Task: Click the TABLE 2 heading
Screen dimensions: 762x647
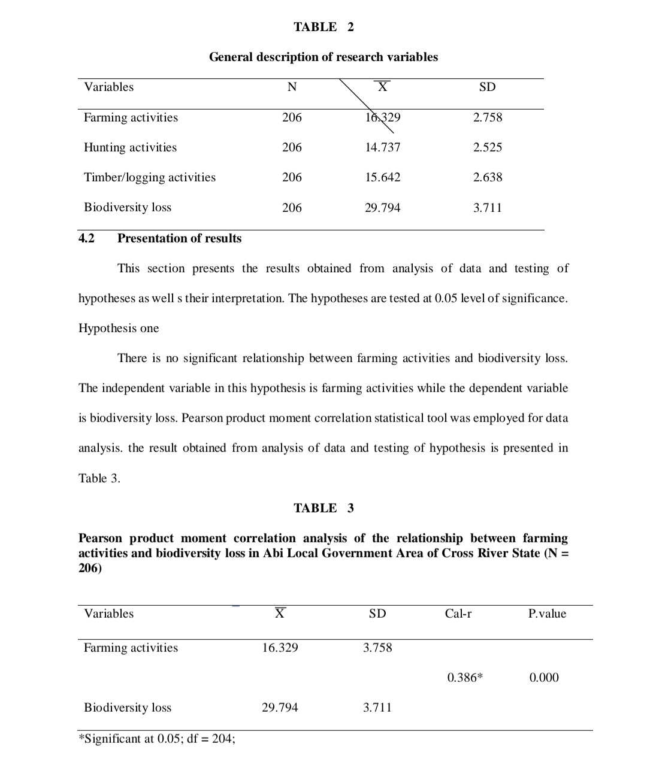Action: coord(323,27)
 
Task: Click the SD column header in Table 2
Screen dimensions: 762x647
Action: coord(488,87)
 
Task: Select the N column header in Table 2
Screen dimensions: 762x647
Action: coord(292,87)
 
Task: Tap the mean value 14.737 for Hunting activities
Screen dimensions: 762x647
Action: coord(383,148)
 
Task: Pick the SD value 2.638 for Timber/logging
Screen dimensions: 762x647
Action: coord(488,178)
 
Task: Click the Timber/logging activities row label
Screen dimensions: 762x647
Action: coord(150,178)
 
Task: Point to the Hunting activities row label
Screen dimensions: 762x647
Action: coord(131,148)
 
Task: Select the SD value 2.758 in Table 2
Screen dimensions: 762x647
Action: coord(488,118)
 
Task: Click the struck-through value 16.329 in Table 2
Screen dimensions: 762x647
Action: coord(383,118)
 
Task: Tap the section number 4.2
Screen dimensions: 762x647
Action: coord(87,238)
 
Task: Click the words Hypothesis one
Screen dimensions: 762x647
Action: coord(119,329)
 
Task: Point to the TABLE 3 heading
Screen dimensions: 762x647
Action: coord(323,508)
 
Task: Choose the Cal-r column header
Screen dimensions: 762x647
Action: coord(458,614)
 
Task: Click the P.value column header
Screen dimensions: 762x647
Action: coord(547,614)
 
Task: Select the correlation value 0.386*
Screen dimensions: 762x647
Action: coord(465,678)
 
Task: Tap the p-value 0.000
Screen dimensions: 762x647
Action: coord(544,678)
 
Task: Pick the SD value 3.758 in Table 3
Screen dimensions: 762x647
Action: coord(377,648)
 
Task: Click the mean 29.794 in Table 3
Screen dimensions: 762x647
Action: coord(280,708)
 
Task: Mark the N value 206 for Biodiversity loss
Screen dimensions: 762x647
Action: coord(292,208)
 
